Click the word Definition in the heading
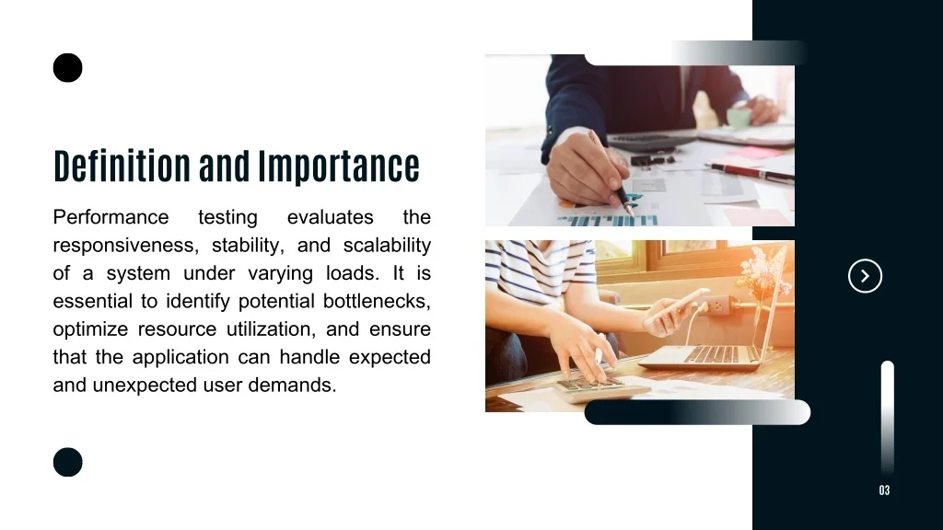pos(122,166)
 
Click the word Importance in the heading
pos(339,167)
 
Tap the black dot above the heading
pos(67,67)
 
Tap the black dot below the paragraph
pos(67,462)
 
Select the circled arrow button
pos(865,276)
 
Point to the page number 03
pos(884,490)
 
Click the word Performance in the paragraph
pos(111,217)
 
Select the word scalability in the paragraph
pos(387,246)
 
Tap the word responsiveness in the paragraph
pos(125,246)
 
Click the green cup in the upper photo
pos(739,117)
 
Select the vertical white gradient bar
pos(888,418)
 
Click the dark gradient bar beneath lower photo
pos(698,412)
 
